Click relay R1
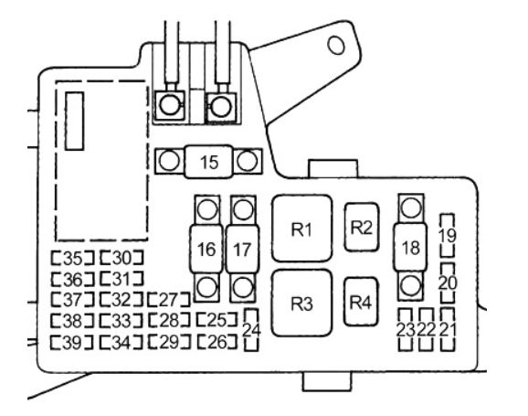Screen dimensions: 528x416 301,229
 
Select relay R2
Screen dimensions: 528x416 362,227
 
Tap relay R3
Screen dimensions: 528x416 301,303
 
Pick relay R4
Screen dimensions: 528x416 361,302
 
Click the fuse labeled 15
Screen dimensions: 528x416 208,162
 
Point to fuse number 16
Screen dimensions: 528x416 206,249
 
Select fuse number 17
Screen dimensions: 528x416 242,249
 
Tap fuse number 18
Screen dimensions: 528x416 410,247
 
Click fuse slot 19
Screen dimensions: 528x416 448,235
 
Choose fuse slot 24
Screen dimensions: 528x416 251,330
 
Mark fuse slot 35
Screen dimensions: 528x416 73,258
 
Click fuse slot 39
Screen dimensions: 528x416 72,343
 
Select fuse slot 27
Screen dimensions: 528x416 169,300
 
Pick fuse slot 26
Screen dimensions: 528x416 217,342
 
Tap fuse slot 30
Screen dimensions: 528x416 121,258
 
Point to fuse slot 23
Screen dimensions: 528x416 405,330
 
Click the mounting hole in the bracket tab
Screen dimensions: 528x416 336,45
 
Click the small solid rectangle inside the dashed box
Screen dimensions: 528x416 74,121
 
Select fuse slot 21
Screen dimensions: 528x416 448,330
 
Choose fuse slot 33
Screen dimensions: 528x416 121,321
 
